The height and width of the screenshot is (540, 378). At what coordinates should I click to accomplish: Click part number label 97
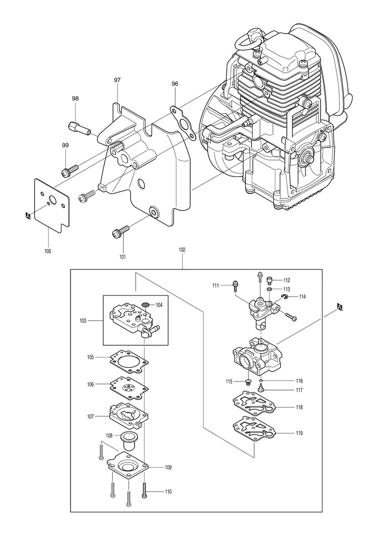tap(117, 80)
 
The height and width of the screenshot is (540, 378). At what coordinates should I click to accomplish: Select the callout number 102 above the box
tap(182, 250)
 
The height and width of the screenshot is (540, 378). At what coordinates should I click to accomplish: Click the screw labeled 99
tap(70, 170)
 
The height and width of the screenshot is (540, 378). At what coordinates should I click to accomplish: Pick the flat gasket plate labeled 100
tap(52, 202)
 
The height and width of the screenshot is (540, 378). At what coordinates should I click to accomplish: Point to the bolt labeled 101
tap(121, 231)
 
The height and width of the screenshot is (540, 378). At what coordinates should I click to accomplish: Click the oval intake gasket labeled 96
tap(181, 123)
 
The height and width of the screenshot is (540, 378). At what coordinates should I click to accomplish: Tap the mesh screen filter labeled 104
tap(147, 305)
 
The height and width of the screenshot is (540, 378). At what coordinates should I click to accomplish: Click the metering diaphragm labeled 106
tap(129, 388)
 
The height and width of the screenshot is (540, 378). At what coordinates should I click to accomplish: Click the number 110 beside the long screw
tap(168, 492)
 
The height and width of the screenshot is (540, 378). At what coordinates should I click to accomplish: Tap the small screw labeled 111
tap(236, 285)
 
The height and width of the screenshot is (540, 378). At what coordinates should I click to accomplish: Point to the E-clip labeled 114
tap(283, 297)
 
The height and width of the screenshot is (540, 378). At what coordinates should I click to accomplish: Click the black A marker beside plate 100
tap(28, 216)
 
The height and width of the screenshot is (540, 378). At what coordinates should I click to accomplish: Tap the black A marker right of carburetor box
tap(339, 307)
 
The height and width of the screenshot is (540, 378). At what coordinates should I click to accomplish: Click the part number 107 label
tap(91, 416)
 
